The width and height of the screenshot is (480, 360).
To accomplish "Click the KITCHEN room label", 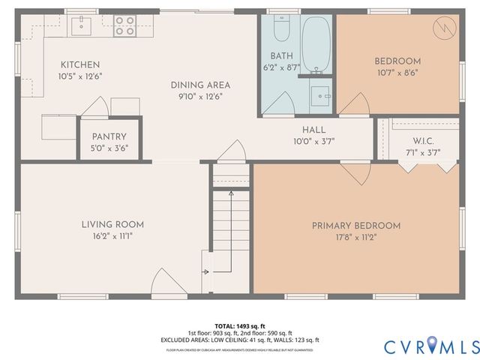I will coord(80,64).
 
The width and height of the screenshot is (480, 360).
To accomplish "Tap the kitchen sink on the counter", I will coord(80,27).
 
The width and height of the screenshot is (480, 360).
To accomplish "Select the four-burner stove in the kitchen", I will coord(124,26).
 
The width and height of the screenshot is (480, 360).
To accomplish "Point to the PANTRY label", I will coord(109,136).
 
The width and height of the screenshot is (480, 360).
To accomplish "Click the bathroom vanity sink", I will coord(320,94).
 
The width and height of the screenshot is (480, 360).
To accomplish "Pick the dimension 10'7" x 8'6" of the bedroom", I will coord(397,73).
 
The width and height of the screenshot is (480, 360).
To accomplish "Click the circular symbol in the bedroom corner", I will coord(442,28).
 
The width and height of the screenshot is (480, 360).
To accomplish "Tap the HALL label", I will coord(313,130).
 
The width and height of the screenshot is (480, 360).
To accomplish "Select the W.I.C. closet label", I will coord(423,141).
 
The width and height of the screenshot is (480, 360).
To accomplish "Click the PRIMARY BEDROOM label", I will coord(355,225).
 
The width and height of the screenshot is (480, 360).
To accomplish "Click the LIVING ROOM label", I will coord(112,223).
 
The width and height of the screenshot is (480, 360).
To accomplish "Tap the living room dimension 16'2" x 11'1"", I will coord(112,235).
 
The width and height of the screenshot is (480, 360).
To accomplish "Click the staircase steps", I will coord(229,225).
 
